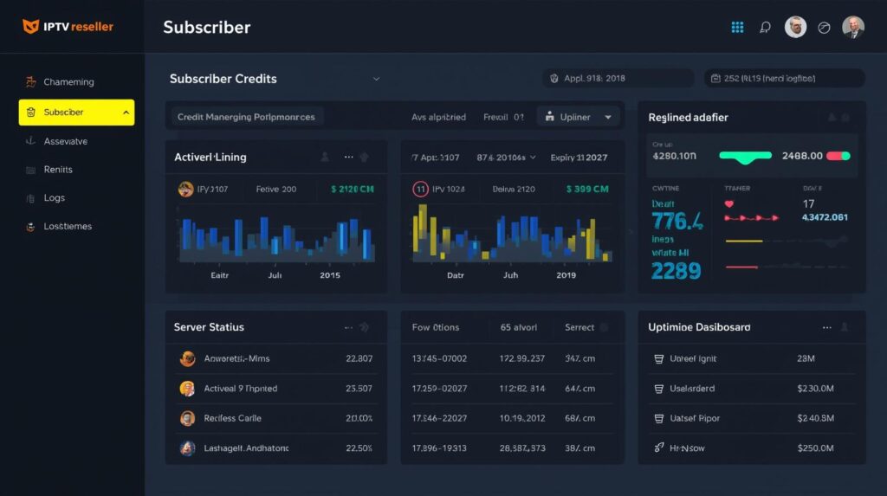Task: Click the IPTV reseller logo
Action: click(68, 27)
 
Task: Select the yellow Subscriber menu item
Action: click(76, 113)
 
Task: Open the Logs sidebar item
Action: click(54, 198)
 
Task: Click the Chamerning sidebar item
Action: click(68, 82)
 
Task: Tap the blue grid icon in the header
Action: click(737, 27)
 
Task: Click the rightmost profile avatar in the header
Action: click(852, 27)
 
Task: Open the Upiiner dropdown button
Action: click(579, 117)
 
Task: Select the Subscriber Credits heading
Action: click(223, 79)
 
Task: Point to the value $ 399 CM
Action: click(587, 189)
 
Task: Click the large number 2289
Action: click(676, 271)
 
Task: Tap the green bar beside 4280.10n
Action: click(745, 157)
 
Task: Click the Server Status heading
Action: click(209, 327)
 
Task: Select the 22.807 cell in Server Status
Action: click(359, 358)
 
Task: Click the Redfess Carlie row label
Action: click(232, 418)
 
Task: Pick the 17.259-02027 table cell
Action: click(439, 389)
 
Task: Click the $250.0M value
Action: click(814, 448)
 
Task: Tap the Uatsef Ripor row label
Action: click(696, 418)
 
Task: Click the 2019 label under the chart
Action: click(566, 275)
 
